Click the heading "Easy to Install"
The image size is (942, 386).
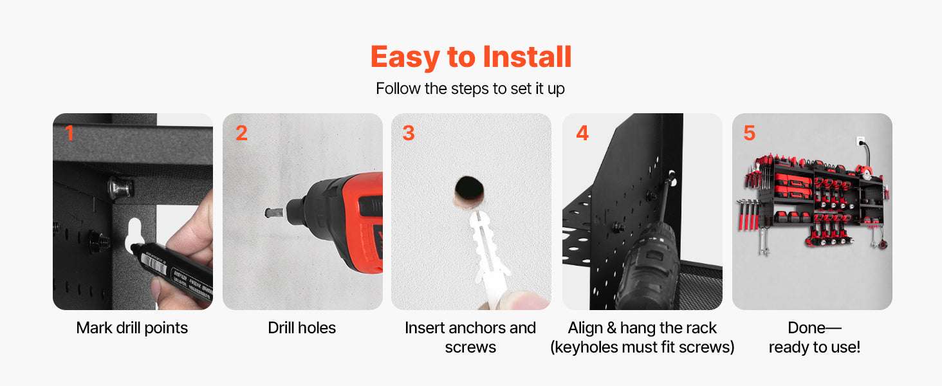(x=470, y=57)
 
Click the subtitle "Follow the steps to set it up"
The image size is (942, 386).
(x=470, y=89)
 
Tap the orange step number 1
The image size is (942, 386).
(x=69, y=133)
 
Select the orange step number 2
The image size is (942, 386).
(x=241, y=133)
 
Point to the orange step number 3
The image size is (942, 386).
(x=409, y=133)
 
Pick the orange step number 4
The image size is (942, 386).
(x=582, y=133)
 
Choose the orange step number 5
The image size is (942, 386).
(x=750, y=133)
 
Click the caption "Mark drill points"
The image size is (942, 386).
(x=132, y=327)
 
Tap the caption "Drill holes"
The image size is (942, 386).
(x=302, y=327)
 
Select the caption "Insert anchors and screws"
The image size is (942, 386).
(x=470, y=337)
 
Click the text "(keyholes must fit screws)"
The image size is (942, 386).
(x=642, y=347)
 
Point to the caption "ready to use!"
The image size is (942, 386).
(x=814, y=347)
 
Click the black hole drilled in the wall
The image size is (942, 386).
(x=469, y=188)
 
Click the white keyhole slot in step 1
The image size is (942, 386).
(x=134, y=235)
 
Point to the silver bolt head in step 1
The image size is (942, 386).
(x=120, y=188)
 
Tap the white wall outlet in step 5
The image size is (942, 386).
(x=861, y=142)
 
